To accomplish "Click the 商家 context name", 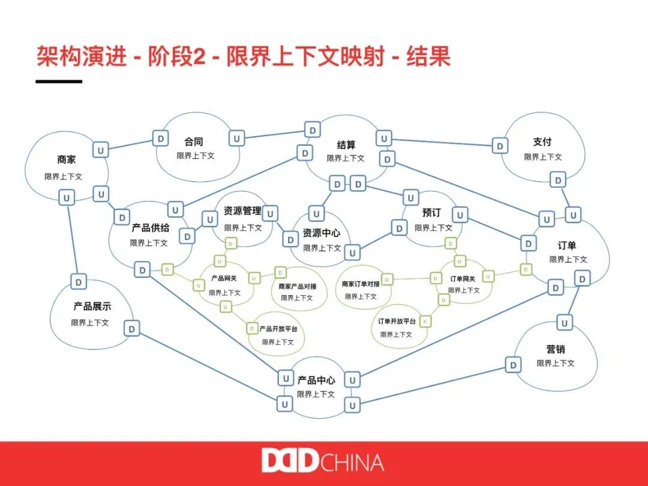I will click(x=67, y=160).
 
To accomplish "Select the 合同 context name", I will click(x=194, y=142).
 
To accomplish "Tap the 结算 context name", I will click(x=346, y=145).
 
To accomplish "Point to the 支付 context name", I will click(x=542, y=142).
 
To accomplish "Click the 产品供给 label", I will click(x=151, y=229).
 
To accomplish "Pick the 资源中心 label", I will click(x=321, y=233).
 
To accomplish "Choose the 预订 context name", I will click(x=431, y=213).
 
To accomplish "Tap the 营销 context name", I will click(x=556, y=349).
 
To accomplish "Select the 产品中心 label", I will click(x=316, y=380).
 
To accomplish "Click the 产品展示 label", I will click(x=92, y=307).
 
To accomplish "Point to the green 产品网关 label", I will click(x=224, y=279).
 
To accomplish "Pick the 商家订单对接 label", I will click(x=361, y=284).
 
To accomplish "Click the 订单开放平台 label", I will click(x=397, y=322).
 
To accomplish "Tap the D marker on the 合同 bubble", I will click(x=160, y=139).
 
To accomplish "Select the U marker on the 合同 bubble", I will click(x=237, y=139).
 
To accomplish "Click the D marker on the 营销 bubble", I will click(x=513, y=365).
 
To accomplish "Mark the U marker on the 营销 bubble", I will click(x=564, y=323).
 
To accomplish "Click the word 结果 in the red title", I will click(x=428, y=58).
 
